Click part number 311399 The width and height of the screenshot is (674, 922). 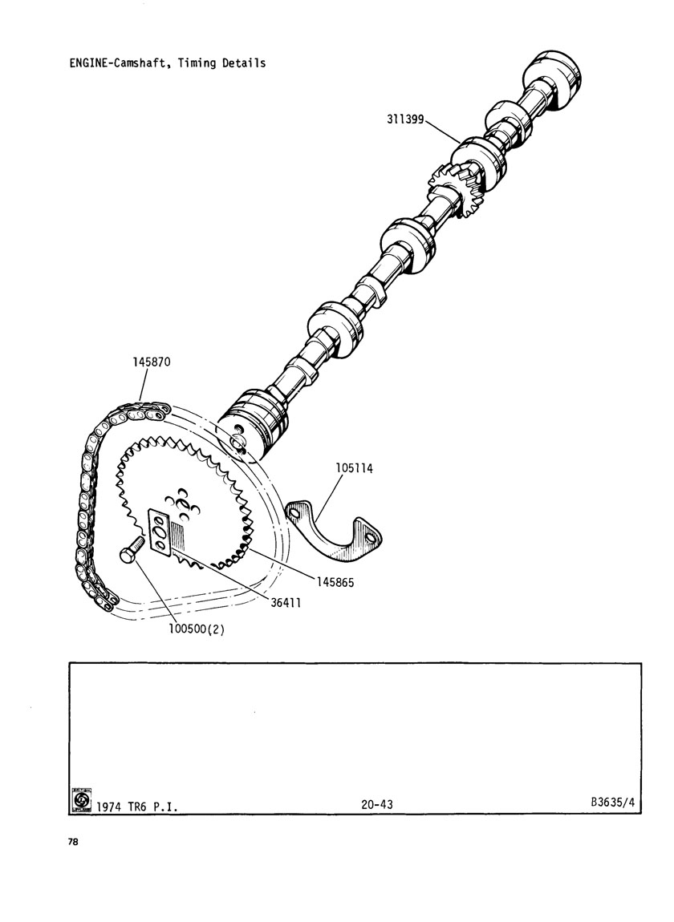point(405,119)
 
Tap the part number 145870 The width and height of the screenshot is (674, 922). point(152,362)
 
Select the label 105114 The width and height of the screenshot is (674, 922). point(355,469)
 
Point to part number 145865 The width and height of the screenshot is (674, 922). point(335,582)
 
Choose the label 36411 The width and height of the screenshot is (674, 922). point(286,603)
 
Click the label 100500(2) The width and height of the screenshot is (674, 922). point(197,629)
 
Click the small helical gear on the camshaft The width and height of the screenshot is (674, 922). point(457,191)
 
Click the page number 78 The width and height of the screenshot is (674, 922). point(73,842)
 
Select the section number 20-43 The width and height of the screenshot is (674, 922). point(377,804)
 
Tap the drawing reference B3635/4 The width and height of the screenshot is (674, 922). point(612,802)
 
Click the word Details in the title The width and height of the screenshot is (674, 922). point(244,63)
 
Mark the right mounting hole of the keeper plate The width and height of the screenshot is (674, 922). point(369,537)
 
